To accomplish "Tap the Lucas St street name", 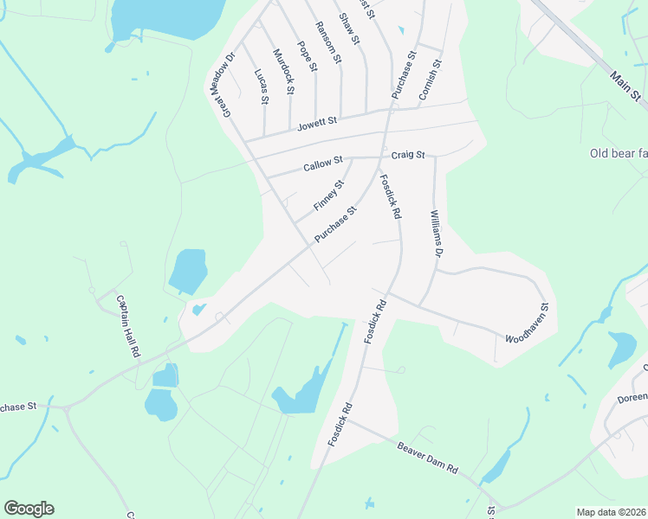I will (261, 86).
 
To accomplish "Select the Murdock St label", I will (283, 72).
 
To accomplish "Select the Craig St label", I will (408, 155).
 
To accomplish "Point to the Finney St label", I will (329, 195).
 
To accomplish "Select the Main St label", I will (624, 84).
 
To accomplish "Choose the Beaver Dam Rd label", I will (427, 456).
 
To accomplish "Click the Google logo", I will (29, 509).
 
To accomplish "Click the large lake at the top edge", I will (165, 15).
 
